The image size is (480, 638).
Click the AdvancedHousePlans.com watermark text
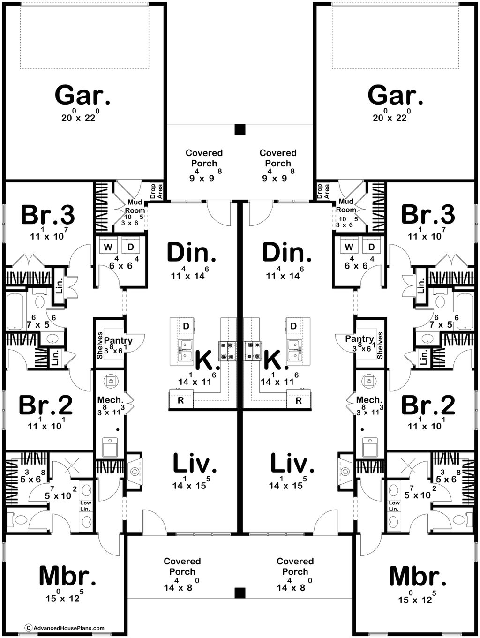point(69,628)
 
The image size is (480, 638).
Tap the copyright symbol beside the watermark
point(29,628)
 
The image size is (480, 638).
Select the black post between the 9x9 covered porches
point(240,129)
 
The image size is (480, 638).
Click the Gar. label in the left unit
point(83,95)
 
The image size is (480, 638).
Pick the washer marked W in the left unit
point(108,247)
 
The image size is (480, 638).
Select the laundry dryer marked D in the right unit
point(371,247)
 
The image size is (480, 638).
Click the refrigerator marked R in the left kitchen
point(181,400)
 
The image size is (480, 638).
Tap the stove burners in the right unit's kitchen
point(253,351)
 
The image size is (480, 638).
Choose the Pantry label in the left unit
point(118,340)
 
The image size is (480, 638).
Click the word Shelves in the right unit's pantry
point(380,345)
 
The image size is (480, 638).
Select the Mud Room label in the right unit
point(346,205)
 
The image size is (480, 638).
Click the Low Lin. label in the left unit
point(85,506)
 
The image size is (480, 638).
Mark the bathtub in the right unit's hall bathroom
point(465,312)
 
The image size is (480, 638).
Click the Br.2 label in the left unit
point(45,406)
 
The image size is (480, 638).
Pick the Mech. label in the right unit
point(369,400)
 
